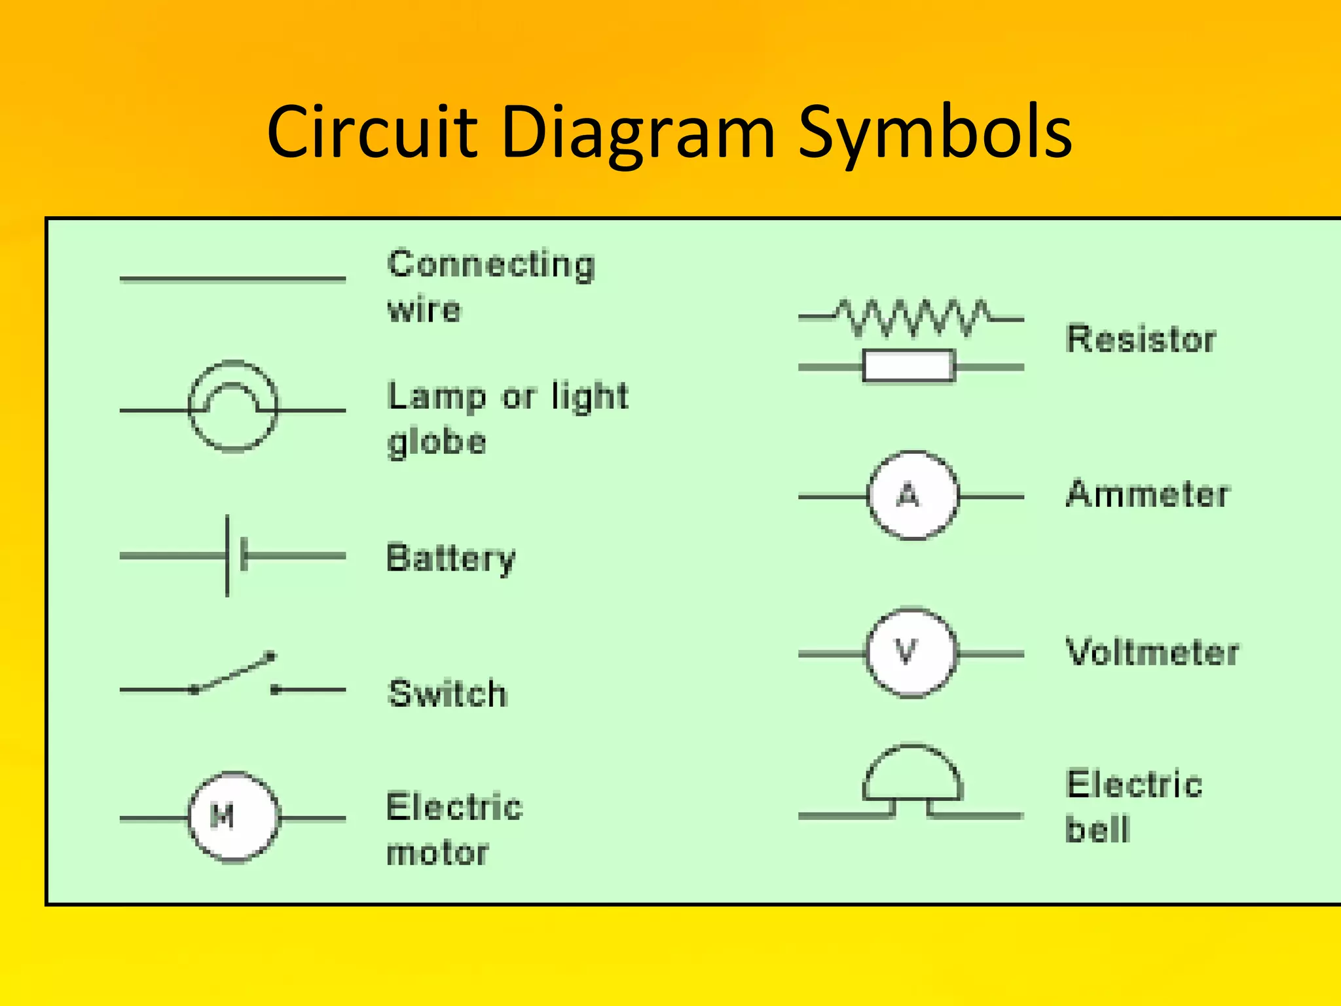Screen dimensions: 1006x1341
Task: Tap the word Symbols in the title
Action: (x=934, y=134)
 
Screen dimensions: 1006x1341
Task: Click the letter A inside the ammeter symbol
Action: (x=908, y=495)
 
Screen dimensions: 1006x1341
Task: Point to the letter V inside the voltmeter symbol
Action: (x=906, y=652)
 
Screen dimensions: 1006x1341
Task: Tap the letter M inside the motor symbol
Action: (x=222, y=816)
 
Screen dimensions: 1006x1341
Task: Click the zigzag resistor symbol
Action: (x=911, y=318)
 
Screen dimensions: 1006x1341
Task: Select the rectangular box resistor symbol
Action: (x=909, y=366)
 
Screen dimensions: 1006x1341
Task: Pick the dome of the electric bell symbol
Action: (x=912, y=773)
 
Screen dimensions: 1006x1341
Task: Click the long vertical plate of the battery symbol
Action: (x=227, y=555)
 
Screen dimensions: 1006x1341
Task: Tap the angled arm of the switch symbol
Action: (x=234, y=672)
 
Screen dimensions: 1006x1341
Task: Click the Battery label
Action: (x=451, y=559)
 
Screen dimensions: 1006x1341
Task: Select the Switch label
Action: (x=448, y=694)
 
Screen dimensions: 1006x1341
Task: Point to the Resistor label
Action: (x=1141, y=339)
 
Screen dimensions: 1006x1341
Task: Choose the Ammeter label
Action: (x=1148, y=494)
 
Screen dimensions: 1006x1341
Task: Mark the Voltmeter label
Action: (x=1152, y=652)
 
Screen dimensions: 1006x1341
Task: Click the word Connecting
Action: (x=491, y=265)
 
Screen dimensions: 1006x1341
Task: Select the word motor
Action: (x=437, y=853)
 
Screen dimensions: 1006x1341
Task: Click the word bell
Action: (x=1097, y=829)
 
